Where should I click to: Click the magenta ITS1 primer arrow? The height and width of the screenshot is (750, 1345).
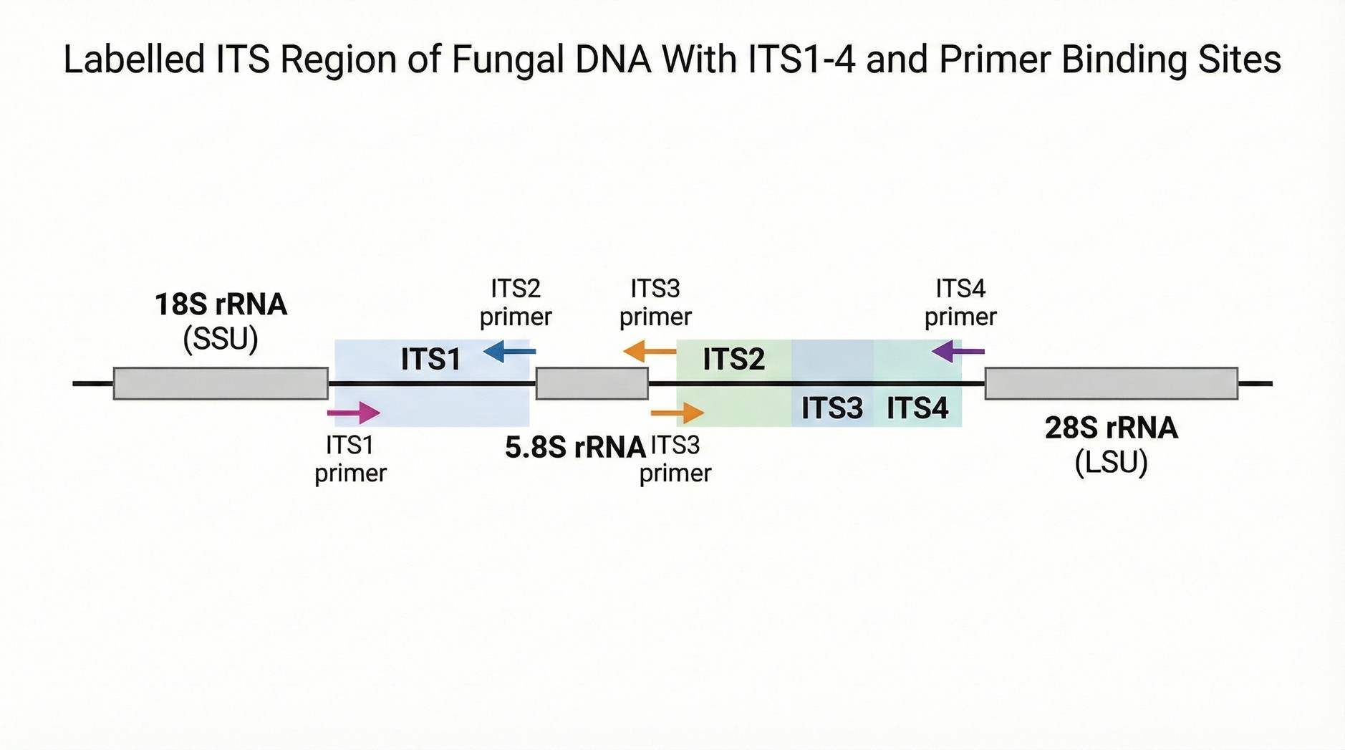coord(353,413)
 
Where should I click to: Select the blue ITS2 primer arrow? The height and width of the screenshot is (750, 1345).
coord(509,351)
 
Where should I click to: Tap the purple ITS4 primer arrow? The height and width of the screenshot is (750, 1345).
coord(958,351)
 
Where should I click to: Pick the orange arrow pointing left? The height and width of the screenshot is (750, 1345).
coord(650,351)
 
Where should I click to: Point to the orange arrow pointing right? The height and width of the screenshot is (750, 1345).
coord(678,413)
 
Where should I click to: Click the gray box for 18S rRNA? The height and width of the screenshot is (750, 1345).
coord(221,383)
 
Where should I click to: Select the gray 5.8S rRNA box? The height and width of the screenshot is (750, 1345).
coord(592,383)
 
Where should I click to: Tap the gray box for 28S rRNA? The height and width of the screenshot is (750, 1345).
coord(1112,383)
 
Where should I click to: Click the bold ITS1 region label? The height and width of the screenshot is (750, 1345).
coord(430,359)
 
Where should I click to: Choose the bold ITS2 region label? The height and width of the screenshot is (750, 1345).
coord(734,359)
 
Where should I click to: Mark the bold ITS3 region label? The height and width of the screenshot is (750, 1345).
coord(832,408)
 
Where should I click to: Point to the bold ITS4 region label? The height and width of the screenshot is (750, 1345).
coord(917,408)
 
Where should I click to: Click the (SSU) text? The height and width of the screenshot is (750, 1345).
coord(221,339)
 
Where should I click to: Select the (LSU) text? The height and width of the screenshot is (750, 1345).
coord(1112,462)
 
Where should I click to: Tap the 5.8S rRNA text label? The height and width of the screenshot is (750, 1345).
coord(576,448)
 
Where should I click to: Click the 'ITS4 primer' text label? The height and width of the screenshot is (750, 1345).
coord(960,303)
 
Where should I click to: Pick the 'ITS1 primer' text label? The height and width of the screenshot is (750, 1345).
coord(350,459)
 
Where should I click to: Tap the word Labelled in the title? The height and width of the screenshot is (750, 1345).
coord(135,59)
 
